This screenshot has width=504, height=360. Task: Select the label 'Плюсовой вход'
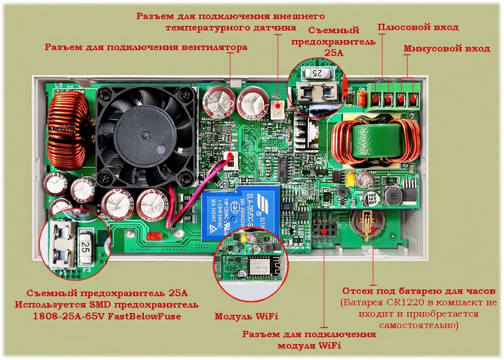(x=418, y=28)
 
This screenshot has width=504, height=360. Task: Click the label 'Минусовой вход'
(x=447, y=49)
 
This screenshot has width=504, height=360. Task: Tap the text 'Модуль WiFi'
(x=246, y=316)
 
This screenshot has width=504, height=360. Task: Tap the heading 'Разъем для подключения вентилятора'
(x=146, y=47)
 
